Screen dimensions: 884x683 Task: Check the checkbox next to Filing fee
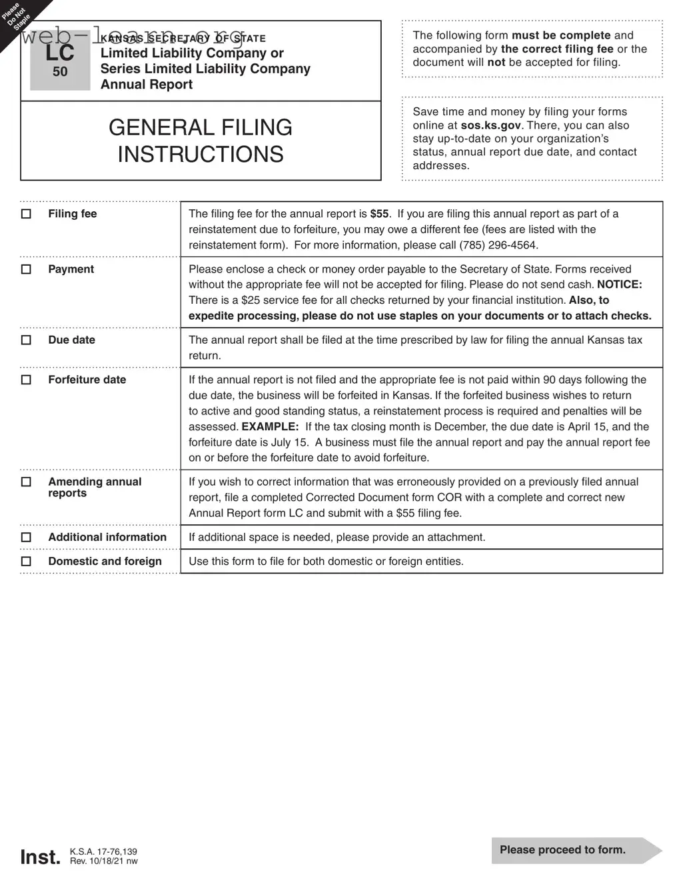pyautogui.click(x=26, y=214)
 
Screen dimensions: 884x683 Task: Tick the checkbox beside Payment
pyautogui.click(x=26, y=269)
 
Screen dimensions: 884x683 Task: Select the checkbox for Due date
pyautogui.click(x=26, y=340)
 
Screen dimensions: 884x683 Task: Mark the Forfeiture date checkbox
pyautogui.click(x=26, y=380)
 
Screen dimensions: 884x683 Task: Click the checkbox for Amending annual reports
pyautogui.click(x=26, y=482)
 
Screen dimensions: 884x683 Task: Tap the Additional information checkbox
pyautogui.click(x=26, y=537)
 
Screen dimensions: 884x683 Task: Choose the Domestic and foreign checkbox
pyautogui.click(x=26, y=561)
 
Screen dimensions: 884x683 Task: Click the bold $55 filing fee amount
pyautogui.click(x=379, y=214)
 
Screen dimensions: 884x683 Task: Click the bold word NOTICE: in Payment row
pyautogui.click(x=619, y=284)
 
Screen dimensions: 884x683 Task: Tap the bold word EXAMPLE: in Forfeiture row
pyautogui.click(x=270, y=426)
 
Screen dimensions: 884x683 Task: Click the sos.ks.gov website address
pyautogui.click(x=490, y=125)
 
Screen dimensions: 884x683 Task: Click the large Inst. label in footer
pyautogui.click(x=40, y=857)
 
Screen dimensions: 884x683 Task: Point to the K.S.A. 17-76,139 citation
pyautogui.click(x=103, y=851)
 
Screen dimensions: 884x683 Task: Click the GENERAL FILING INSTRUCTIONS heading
pyautogui.click(x=201, y=141)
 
